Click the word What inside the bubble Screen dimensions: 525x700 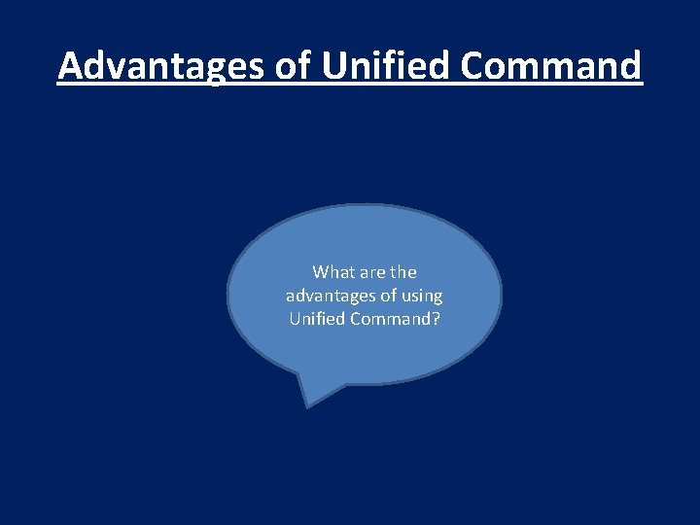coord(332,272)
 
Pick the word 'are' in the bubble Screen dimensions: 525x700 coord(373,272)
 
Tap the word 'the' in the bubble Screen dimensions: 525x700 coord(403,272)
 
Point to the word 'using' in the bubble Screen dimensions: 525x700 coord(422,296)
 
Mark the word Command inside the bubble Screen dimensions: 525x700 coord(391,319)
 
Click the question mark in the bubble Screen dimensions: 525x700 coord(436,319)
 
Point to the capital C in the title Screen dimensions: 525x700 coord(473,66)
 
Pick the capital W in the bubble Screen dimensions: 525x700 coord(320,272)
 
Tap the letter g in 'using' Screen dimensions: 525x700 coord(437,297)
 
